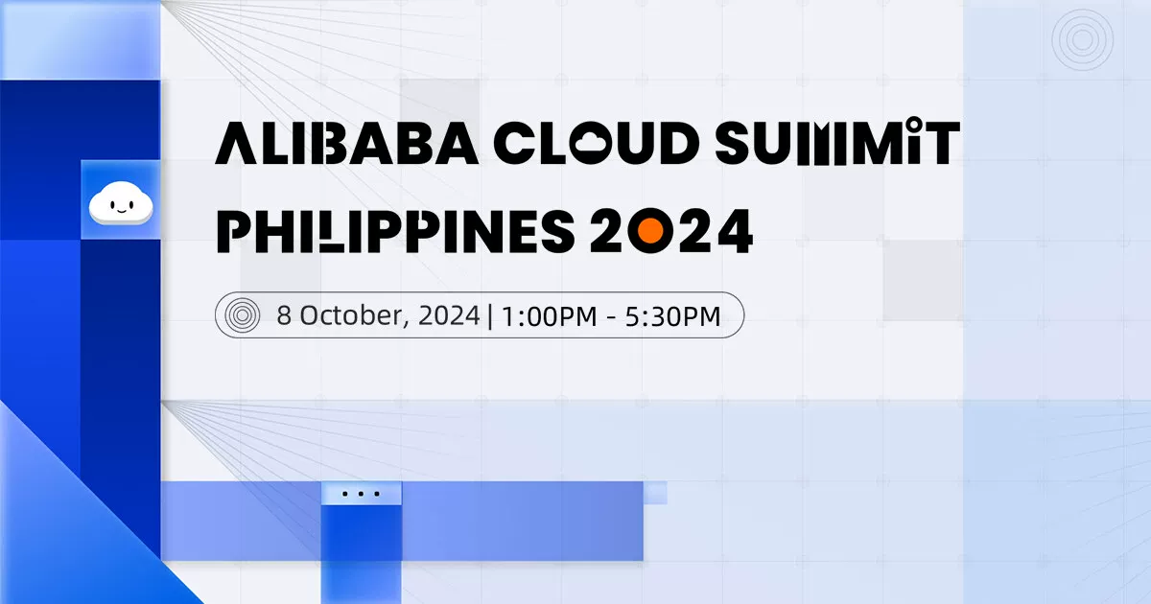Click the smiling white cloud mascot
pos(120,204)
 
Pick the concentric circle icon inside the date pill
pos(241,314)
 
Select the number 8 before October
pos(284,314)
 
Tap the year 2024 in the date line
pos(449,314)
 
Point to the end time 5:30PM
pos(677,314)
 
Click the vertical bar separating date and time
pos(490,314)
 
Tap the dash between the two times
pos(615,315)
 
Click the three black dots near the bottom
pos(361,495)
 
